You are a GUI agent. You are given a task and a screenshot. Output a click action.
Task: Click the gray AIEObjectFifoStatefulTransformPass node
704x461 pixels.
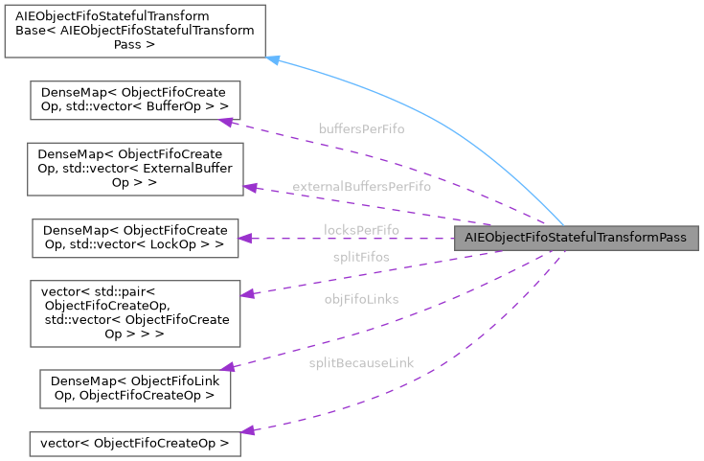click(x=577, y=238)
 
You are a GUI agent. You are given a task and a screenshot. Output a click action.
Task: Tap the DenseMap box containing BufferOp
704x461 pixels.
click(x=135, y=101)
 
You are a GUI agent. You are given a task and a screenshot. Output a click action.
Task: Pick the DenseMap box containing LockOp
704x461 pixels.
click(x=134, y=238)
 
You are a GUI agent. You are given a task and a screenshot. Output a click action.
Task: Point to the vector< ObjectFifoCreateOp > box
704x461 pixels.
click(x=134, y=443)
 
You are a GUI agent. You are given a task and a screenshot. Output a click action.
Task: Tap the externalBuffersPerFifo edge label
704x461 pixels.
click(x=361, y=186)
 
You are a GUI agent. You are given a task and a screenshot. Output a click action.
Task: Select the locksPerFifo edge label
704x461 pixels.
click(x=361, y=230)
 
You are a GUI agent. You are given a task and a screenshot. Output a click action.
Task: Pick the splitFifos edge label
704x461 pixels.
click(x=361, y=257)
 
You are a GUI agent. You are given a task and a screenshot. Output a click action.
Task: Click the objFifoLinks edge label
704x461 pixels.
click(x=361, y=299)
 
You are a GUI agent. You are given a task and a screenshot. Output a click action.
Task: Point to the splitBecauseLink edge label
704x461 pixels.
click(x=361, y=364)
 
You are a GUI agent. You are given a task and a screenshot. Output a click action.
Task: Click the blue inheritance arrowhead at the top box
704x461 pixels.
click(x=272, y=60)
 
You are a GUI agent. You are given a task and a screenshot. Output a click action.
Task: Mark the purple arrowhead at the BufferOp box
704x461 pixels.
click(x=226, y=122)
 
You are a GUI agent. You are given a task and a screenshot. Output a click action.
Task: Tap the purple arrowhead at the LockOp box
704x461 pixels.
click(x=244, y=238)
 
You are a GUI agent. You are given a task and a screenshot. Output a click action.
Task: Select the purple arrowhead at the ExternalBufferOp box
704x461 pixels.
click(x=251, y=188)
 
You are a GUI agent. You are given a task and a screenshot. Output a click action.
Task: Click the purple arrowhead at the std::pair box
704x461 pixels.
click(x=247, y=294)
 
